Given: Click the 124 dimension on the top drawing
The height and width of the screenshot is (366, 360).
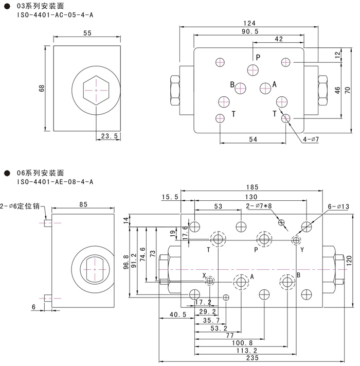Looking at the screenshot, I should (x=250, y=23).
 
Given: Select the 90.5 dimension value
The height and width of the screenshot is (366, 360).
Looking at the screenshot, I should (x=250, y=31).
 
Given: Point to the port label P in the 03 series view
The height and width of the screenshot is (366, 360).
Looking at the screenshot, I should (x=258, y=57).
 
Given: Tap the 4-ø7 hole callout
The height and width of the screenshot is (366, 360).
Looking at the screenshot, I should (x=312, y=140).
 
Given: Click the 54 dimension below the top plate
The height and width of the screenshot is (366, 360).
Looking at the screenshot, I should (x=253, y=139).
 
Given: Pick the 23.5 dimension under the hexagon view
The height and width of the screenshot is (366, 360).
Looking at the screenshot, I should (x=109, y=136).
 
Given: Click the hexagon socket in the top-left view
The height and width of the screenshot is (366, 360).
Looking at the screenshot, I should (x=96, y=90).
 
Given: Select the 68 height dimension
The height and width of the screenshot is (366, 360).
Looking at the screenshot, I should (x=43, y=88).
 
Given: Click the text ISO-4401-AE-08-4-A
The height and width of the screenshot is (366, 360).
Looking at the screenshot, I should (x=56, y=182).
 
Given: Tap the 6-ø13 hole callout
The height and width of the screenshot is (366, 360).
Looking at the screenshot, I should (x=338, y=206).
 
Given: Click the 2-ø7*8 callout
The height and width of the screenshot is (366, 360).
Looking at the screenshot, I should (x=260, y=206).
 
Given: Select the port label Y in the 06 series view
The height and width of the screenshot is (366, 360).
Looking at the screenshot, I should (x=302, y=250).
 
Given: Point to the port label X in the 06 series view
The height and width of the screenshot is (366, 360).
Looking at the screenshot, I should (x=204, y=275).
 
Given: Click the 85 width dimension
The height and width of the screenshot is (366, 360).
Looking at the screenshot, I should (x=84, y=204).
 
